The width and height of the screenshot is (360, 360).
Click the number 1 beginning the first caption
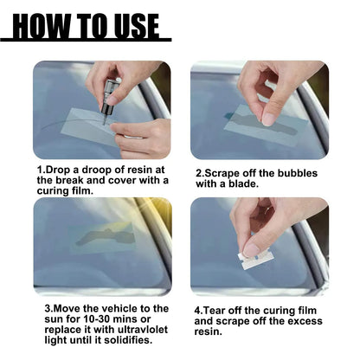[x=38, y=170]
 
